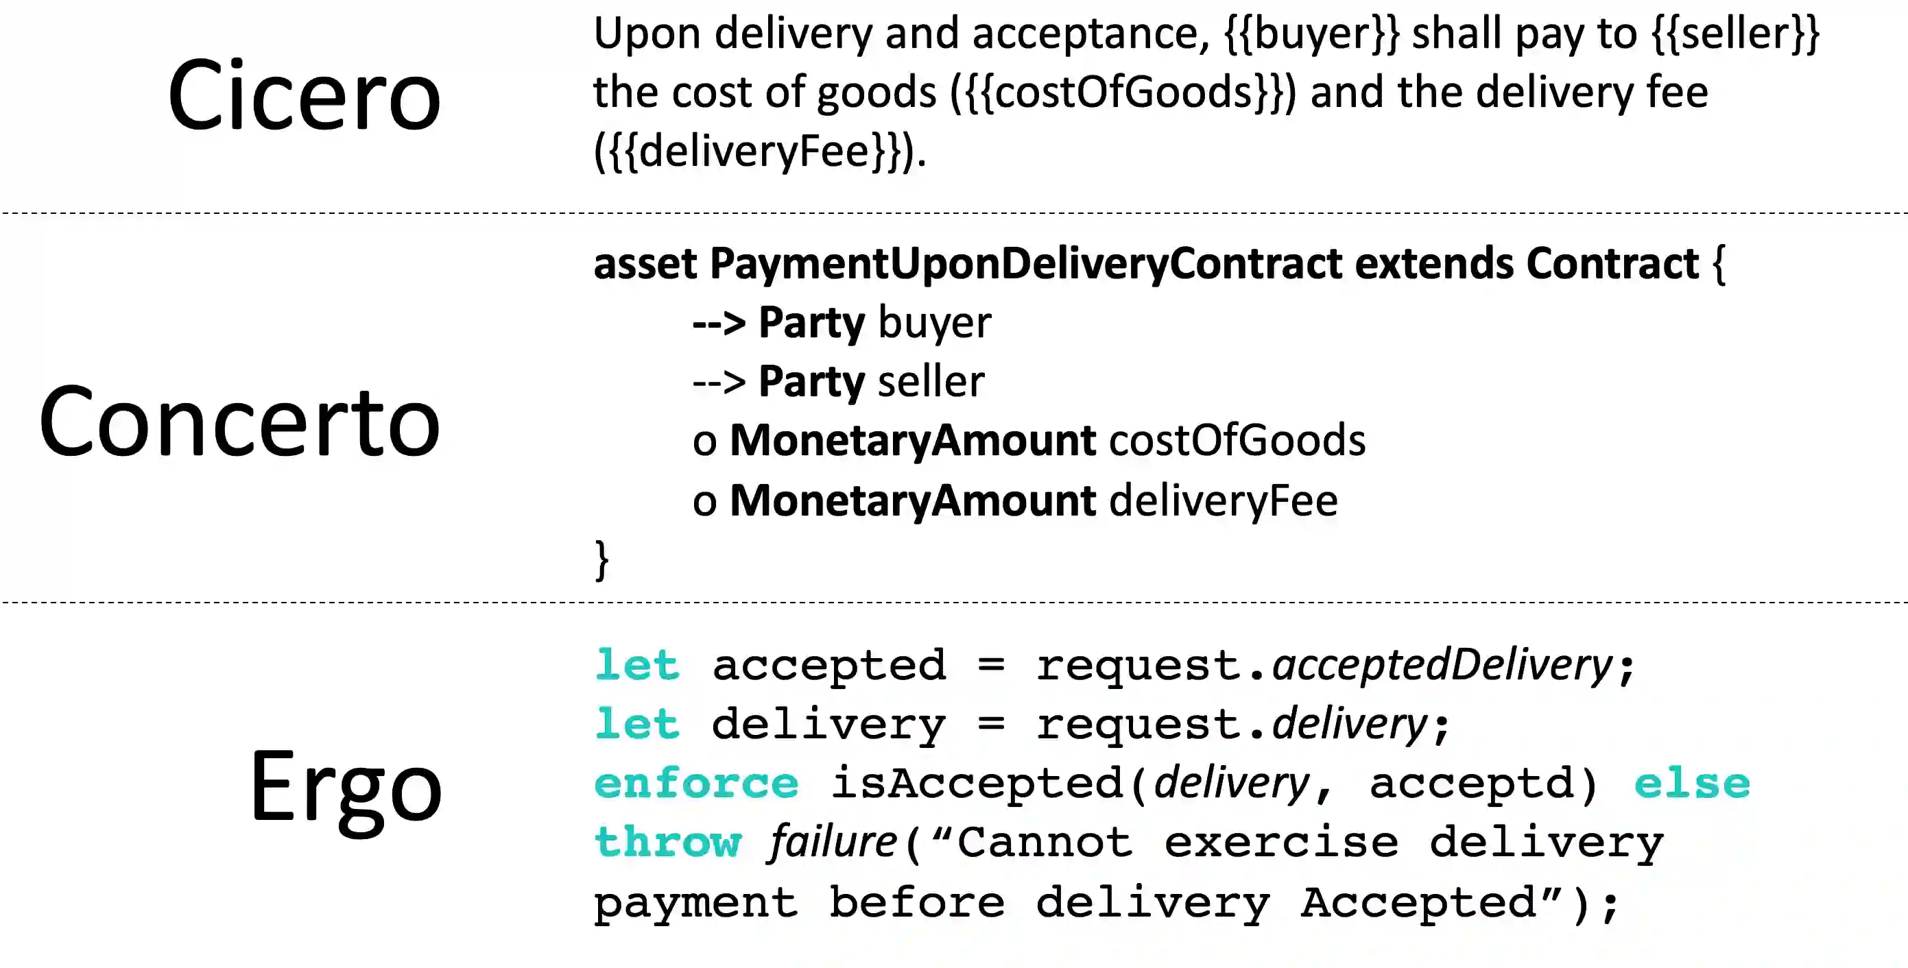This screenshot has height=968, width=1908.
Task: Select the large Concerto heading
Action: click(239, 422)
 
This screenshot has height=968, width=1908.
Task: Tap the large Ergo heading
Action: click(345, 786)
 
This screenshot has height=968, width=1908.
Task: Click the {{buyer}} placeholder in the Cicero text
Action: click(1312, 34)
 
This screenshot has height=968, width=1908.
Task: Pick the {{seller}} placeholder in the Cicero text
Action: click(1735, 34)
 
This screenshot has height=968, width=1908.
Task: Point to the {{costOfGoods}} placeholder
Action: click(1123, 93)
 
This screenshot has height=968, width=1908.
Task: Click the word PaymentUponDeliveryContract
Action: click(1026, 264)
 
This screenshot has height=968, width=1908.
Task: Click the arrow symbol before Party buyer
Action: click(719, 324)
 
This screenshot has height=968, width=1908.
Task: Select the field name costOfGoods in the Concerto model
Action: click(1237, 441)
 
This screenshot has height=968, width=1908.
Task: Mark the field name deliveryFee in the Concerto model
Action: click(1224, 500)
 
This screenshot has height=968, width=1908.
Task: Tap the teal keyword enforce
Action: click(696, 784)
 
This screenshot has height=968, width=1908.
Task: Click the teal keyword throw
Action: click(668, 843)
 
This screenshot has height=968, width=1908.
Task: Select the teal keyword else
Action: click(1692, 784)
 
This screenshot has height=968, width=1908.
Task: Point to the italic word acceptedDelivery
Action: click(1442, 665)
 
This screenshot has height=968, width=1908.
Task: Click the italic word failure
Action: click(833, 843)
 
